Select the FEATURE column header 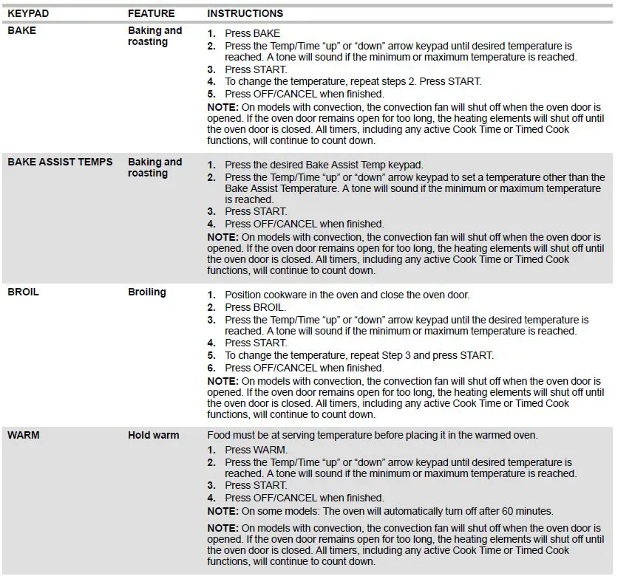coord(151,13)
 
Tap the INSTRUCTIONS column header coord(245,13)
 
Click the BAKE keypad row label coord(21,31)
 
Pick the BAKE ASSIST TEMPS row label coord(60,162)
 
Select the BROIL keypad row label coord(23,292)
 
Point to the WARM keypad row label coord(24,435)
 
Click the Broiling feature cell coord(146,292)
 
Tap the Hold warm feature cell coord(153,435)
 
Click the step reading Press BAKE coord(252,33)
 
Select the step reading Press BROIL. coord(255,307)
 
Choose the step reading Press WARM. coord(256,450)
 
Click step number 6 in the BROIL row coord(211,368)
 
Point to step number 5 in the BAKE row coord(211,94)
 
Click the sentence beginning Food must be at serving coord(372,435)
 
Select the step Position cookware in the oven coord(347,295)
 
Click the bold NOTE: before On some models coord(222,511)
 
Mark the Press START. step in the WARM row coord(256,485)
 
